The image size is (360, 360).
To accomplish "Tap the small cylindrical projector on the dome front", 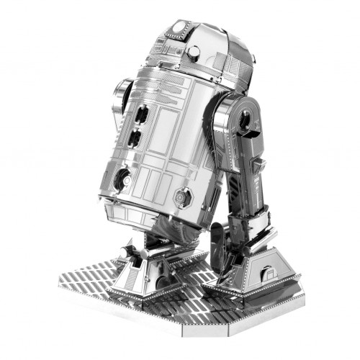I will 193,52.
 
